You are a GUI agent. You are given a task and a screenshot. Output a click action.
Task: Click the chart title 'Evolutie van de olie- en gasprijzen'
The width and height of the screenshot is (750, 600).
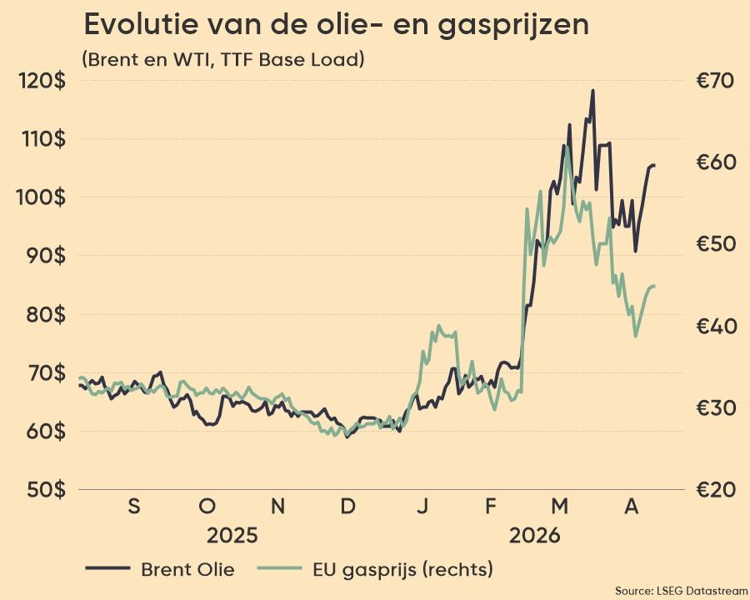pyautogui.click(x=336, y=25)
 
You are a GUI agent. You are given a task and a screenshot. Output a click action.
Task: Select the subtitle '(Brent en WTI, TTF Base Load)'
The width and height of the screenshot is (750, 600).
pyautogui.click(x=223, y=61)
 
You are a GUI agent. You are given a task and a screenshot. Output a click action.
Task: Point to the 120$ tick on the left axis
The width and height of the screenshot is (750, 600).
pyautogui.click(x=43, y=81)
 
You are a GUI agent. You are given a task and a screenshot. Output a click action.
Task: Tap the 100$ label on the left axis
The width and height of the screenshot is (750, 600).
pyautogui.click(x=43, y=198)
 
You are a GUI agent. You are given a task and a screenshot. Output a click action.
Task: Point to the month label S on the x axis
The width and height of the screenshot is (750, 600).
pyautogui.click(x=134, y=506)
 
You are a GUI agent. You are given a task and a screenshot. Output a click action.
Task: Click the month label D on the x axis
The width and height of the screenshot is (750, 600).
pyautogui.click(x=349, y=506)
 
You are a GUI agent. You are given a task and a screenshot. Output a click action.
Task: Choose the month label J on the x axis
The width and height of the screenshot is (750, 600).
pyautogui.click(x=422, y=506)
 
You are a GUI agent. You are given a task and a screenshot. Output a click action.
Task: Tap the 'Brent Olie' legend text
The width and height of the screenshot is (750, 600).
pyautogui.click(x=187, y=570)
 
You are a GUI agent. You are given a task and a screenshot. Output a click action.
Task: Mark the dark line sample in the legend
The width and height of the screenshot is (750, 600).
pyautogui.click(x=107, y=569)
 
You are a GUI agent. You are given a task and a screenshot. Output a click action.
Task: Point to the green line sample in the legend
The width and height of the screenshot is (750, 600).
pyautogui.click(x=280, y=569)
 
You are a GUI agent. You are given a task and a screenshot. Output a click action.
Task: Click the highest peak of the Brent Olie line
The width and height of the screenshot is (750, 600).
pyautogui.click(x=592, y=91)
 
